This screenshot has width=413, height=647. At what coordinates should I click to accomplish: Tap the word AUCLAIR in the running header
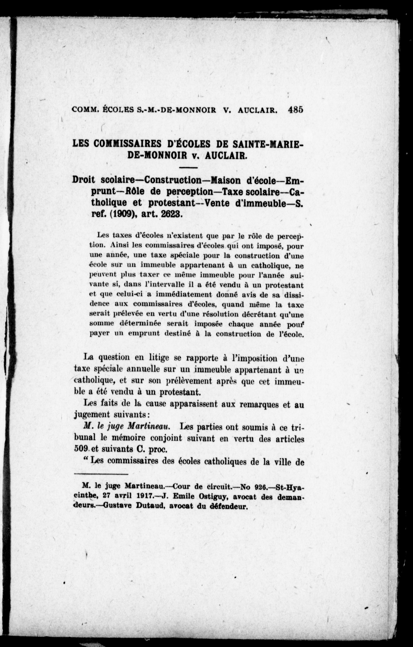tap(257, 110)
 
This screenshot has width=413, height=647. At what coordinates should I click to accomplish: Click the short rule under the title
tap(188, 168)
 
